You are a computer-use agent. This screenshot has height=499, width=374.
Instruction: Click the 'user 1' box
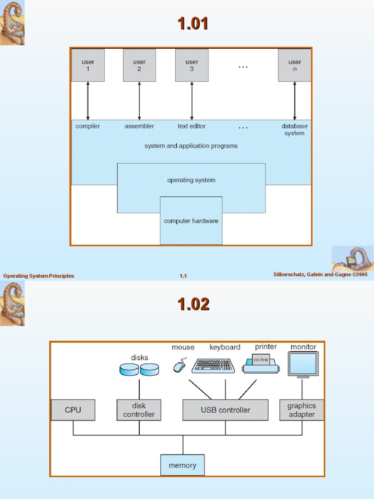(x=88, y=65)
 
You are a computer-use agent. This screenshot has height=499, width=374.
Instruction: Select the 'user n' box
(x=294, y=65)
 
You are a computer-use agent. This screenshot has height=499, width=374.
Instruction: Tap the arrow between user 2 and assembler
(x=139, y=101)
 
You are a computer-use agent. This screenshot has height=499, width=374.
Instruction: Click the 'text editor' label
(x=191, y=126)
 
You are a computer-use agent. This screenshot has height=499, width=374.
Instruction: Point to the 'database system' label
(x=294, y=130)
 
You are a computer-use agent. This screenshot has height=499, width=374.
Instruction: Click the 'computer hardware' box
(x=191, y=221)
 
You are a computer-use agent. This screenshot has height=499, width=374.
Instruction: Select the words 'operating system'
(x=191, y=180)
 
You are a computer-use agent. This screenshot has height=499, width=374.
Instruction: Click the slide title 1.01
(x=193, y=23)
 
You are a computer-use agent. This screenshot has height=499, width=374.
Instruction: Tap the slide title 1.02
(x=193, y=305)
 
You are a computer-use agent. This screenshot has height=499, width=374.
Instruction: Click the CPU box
(x=73, y=410)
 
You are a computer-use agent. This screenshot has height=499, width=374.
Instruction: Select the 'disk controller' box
(x=139, y=410)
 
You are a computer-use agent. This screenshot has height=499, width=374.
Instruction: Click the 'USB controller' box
(x=225, y=410)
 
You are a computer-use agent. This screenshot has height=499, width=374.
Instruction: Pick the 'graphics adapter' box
(x=301, y=410)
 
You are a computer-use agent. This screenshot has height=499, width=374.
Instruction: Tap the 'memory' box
(x=183, y=465)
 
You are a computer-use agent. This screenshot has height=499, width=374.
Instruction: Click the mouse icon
(x=180, y=365)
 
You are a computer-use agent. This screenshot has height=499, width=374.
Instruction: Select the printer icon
(x=260, y=364)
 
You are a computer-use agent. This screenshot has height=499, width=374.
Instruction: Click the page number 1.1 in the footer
(x=183, y=276)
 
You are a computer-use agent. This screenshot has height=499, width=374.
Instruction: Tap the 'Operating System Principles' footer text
(x=39, y=276)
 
